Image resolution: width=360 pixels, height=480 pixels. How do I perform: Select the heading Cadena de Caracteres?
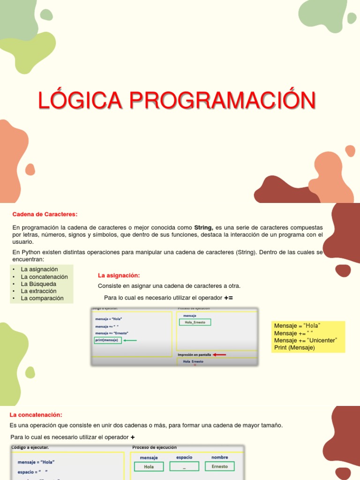coord(45,214)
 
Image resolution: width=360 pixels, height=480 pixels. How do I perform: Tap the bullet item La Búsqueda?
coord(38,284)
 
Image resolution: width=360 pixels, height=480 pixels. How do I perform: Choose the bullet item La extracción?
coord(39,291)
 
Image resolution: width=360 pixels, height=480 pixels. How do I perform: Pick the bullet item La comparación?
coord(42,298)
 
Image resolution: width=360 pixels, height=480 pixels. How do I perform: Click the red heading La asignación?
coord(119,275)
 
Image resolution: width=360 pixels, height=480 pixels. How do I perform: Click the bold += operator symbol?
coord(228,298)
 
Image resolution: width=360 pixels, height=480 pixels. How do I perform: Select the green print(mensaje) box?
coord(108,340)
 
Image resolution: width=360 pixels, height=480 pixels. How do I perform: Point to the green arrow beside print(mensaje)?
coord(130,340)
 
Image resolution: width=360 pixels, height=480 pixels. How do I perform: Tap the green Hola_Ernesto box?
coord(195,322)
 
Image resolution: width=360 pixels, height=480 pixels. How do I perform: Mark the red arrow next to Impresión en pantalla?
coord(219,355)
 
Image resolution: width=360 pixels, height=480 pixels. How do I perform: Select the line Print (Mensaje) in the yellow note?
coord(294,347)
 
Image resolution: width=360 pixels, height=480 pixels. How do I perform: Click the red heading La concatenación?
coord(36,415)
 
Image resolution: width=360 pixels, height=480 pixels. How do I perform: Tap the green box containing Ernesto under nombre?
coord(219,466)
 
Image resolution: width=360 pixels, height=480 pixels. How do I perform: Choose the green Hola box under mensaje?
coord(149,466)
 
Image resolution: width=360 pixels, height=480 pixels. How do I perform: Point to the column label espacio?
coord(184,457)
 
